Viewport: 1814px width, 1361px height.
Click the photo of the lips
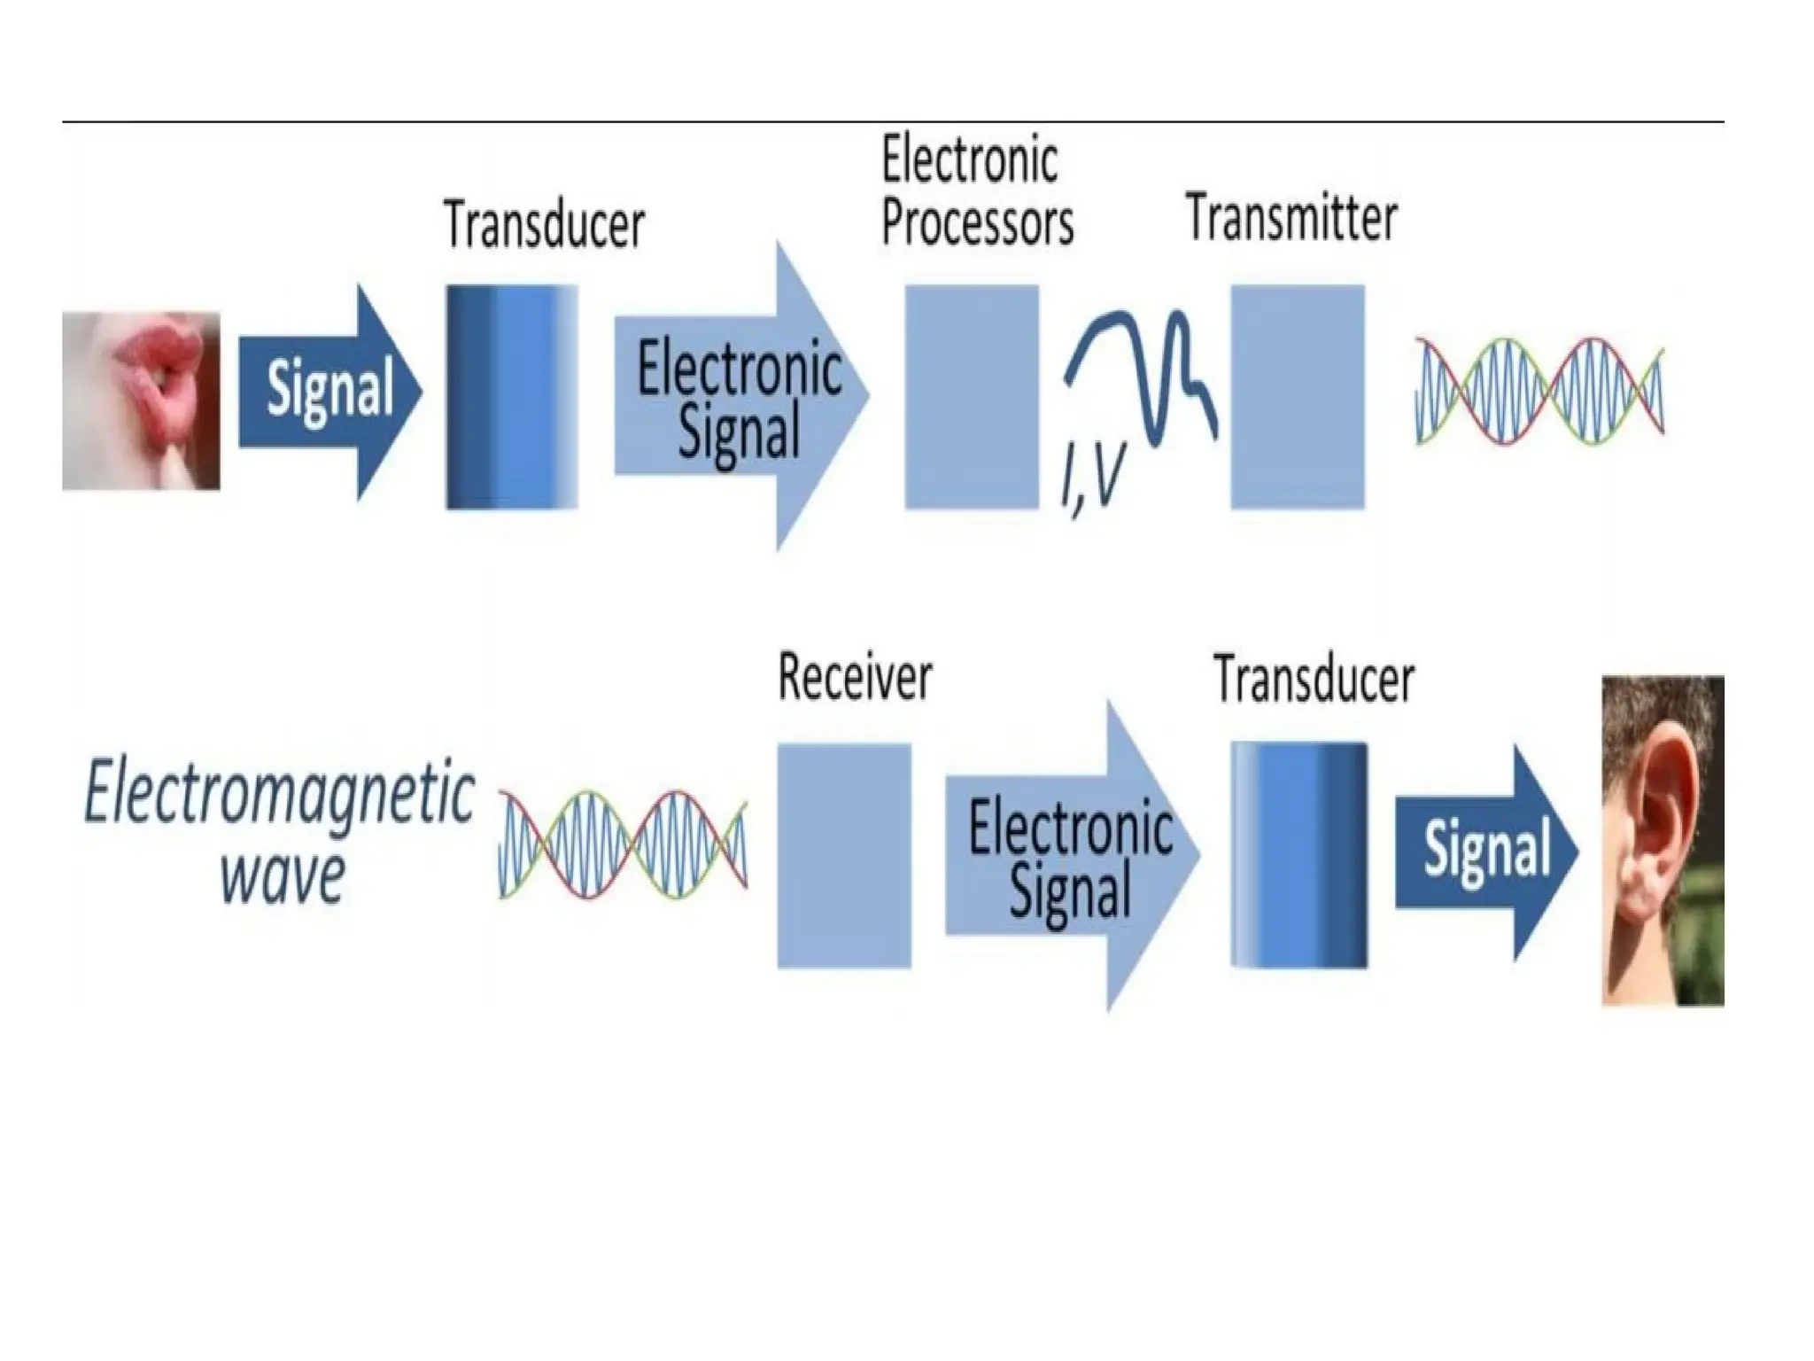click(141, 400)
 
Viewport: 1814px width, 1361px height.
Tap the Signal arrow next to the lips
click(329, 393)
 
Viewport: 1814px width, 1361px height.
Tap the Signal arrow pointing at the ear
click(1485, 852)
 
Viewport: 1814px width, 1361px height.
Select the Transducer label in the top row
click(544, 225)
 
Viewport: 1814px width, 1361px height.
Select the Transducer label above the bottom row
click(1314, 680)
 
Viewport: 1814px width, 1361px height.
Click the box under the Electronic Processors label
click(971, 397)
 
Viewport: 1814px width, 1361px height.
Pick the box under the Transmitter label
click(1298, 397)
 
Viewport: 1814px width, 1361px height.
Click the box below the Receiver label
click(843, 855)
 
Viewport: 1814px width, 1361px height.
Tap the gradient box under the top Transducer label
click(512, 397)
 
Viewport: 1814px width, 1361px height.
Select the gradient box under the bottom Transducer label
click(1298, 855)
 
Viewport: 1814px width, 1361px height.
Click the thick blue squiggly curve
click(1143, 372)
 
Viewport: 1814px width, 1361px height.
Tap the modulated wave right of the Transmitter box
click(1539, 391)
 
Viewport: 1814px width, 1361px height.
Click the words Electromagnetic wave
click(280, 831)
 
